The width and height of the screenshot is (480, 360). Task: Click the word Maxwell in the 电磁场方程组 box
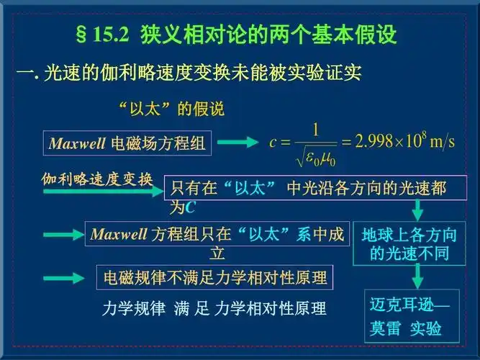(77, 143)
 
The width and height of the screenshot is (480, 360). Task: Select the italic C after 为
(190, 208)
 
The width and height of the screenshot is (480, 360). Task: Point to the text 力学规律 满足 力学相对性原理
(214, 309)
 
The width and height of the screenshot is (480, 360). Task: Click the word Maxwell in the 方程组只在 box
(119, 234)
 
